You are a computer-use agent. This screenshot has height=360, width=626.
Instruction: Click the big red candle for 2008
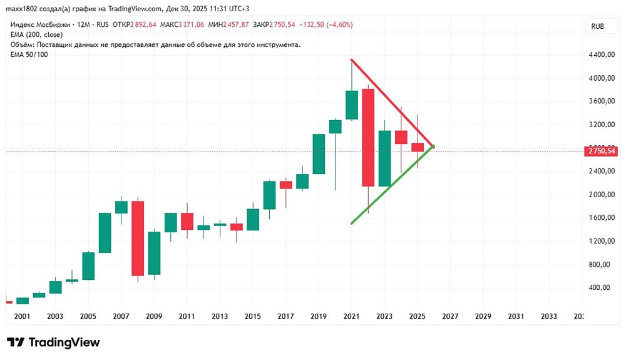137,238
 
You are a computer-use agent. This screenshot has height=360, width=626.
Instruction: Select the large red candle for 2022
367,138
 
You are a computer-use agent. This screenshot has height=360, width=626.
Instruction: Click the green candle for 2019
319,153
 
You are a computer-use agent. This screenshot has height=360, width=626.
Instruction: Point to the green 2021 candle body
351,105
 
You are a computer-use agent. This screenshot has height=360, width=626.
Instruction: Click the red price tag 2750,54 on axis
599,152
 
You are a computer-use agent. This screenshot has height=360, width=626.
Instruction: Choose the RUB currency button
597,26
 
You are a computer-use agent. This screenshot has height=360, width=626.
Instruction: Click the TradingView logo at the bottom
54,342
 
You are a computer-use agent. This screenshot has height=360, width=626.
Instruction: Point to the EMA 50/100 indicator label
29,54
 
